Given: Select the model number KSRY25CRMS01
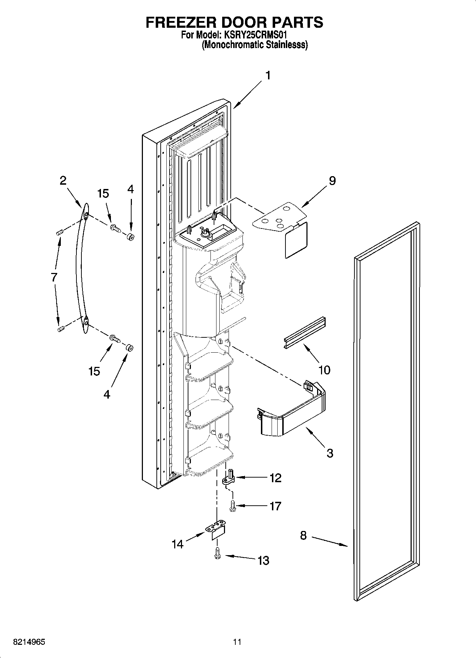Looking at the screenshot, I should [255, 35].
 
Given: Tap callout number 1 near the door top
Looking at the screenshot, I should [268, 75].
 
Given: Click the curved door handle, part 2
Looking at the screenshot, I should [80, 270].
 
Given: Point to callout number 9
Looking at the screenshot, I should [332, 181].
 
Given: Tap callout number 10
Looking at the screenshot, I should [325, 370].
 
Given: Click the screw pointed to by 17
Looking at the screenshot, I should [233, 506].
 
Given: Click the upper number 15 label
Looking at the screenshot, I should [103, 194].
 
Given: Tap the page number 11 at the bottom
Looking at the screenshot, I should [237, 642].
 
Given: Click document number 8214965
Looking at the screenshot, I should [29, 642].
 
